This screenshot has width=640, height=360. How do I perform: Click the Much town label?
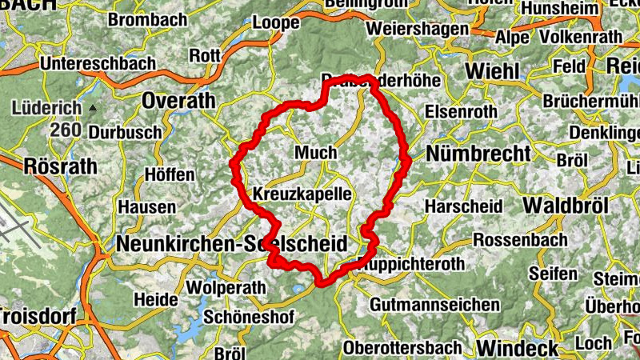(x=316, y=152)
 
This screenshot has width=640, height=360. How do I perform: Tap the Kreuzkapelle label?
(x=302, y=194)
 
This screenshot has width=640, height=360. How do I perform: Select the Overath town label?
(x=179, y=100)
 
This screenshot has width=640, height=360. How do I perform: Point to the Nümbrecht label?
(x=478, y=153)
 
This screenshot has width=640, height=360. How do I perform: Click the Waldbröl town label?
(x=565, y=205)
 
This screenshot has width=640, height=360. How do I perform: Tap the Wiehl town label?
(x=491, y=71)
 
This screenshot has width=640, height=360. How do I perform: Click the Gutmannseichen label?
(x=434, y=305)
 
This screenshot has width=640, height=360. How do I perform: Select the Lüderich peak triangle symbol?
(x=94, y=107)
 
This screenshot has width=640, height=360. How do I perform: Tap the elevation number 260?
(x=65, y=130)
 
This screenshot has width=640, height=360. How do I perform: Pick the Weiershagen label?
(x=417, y=29)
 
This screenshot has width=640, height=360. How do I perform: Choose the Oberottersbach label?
(x=402, y=348)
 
